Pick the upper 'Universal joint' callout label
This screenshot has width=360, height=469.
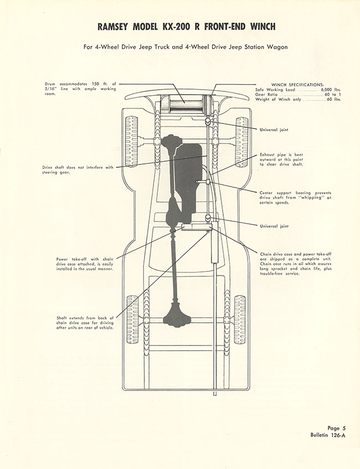[274, 129]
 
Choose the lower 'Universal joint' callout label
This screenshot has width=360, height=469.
[274, 226]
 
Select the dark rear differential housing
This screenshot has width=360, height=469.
[176, 317]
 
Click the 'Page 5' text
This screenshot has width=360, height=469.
[336, 428]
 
